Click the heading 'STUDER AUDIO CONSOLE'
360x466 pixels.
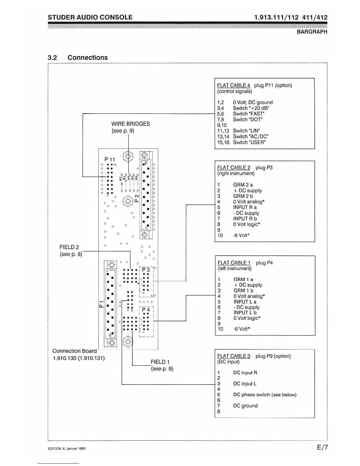tap(90, 17)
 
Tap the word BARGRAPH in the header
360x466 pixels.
tap(312, 32)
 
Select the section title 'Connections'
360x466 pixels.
tap(87, 58)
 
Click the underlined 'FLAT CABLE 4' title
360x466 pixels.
tap(234, 86)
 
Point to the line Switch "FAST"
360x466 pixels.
tap(249, 114)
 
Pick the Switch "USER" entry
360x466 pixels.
tap(249, 142)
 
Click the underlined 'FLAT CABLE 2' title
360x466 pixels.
tap(234, 168)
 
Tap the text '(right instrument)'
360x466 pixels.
tap(236, 174)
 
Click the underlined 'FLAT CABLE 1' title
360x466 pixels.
tap(234, 263)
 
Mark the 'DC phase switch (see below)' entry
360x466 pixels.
tap(265, 395)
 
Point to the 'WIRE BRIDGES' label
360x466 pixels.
tap(130, 124)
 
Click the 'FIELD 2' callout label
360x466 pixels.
tap(69, 247)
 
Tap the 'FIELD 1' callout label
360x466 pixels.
tap(160, 362)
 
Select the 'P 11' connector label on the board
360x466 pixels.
tap(110, 159)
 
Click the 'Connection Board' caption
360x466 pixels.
tap(74, 351)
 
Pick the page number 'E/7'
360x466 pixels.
tap(322, 447)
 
